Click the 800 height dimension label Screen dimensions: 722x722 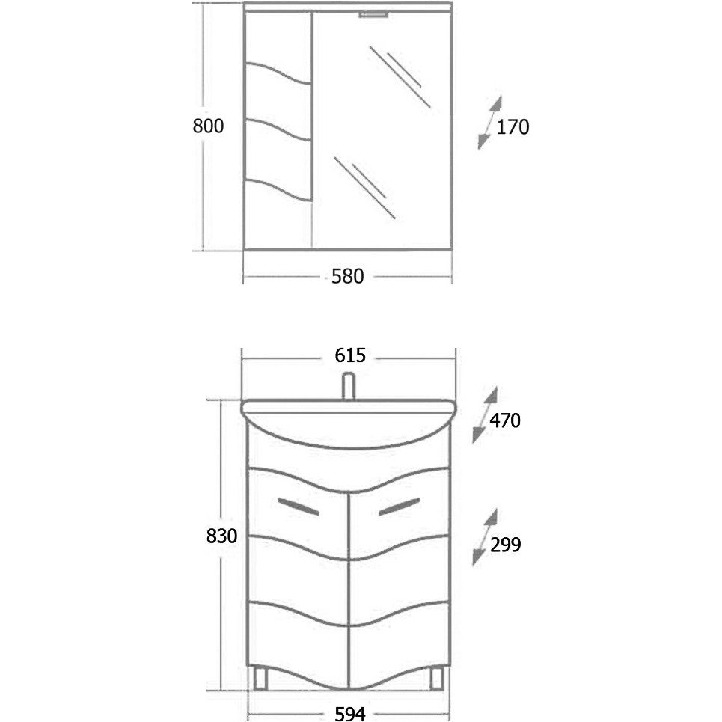pos(208,126)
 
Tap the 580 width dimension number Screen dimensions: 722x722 pos(348,276)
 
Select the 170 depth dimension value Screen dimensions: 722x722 pos(513,127)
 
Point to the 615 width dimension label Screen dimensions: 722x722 pos(350,355)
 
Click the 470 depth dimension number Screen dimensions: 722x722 pos(505,420)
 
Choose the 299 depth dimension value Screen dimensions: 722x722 pos(506,545)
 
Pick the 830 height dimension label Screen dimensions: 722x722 pos(222,536)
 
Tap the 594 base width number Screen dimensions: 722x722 pos(350,714)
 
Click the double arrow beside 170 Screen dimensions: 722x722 pos(489,123)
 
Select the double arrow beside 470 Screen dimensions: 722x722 pos(485,415)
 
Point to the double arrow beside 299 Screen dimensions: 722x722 pos(485,537)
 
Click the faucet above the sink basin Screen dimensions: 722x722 pos(349,387)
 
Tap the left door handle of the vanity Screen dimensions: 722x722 pos(299,506)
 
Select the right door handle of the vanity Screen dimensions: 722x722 pos(400,506)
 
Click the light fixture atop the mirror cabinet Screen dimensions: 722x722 pos(374,15)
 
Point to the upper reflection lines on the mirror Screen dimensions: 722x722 pos(400,76)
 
